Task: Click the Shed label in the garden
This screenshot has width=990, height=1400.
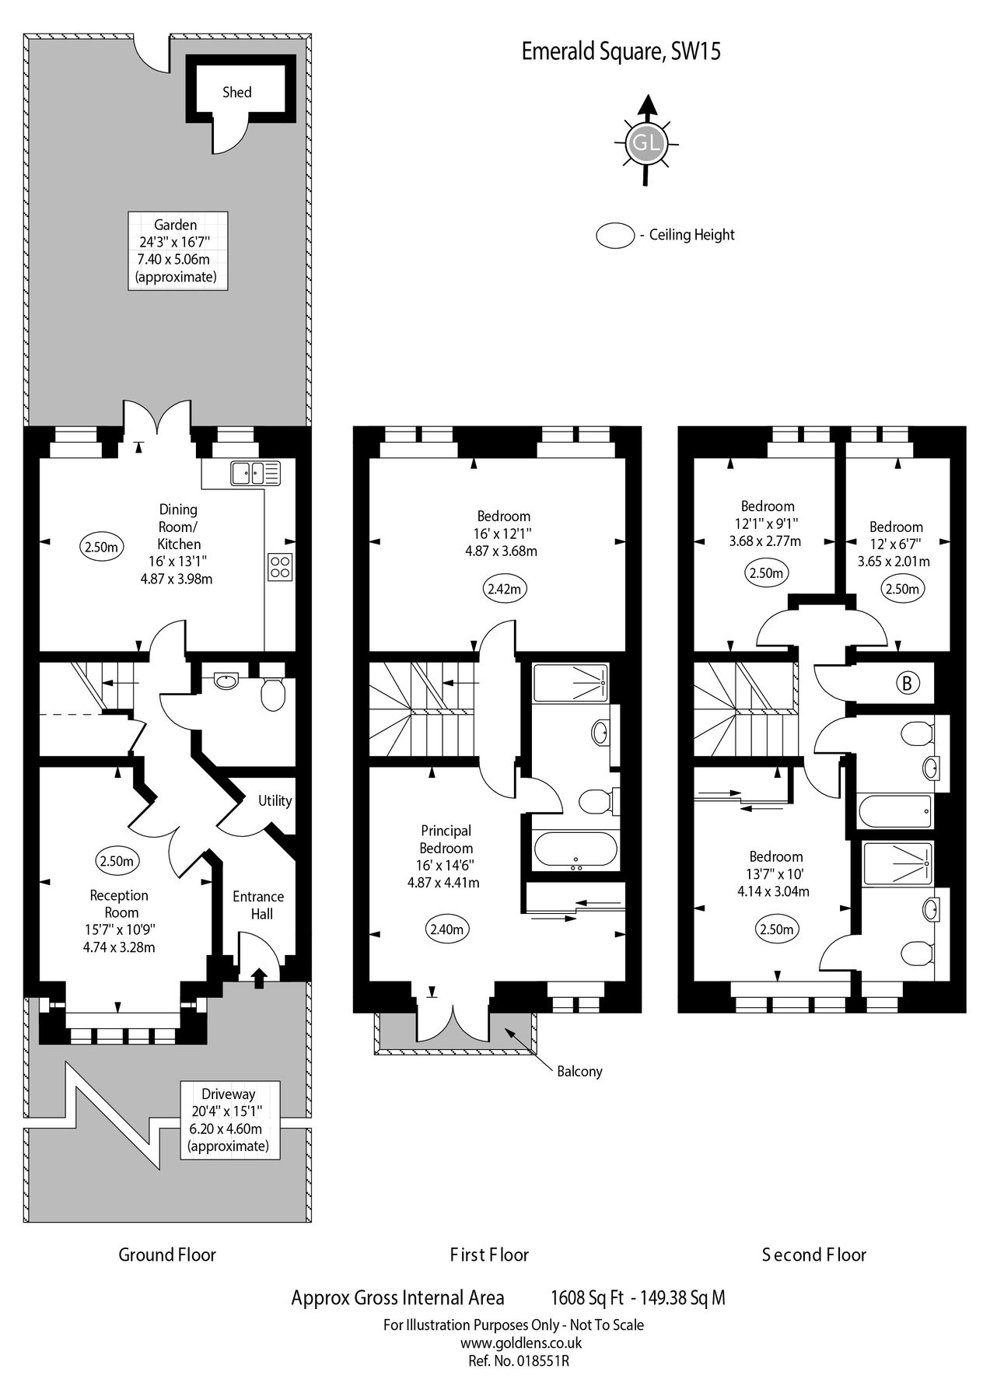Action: (237, 93)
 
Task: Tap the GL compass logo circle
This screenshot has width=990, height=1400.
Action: (646, 143)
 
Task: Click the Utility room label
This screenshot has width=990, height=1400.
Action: (275, 801)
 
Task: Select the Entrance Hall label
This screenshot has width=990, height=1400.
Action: (258, 905)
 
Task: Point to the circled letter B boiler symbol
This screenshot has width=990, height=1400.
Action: (907, 683)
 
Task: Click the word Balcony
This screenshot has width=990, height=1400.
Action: (579, 1071)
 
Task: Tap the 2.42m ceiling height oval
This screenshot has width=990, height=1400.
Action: (504, 589)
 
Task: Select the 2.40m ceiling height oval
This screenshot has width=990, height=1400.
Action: (446, 929)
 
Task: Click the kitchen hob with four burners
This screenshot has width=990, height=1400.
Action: (280, 565)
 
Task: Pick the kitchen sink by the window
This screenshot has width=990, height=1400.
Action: (254, 472)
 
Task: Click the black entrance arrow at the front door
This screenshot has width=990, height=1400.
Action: (258, 977)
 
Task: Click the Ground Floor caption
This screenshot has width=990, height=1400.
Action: (167, 1255)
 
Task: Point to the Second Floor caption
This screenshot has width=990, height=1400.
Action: (813, 1255)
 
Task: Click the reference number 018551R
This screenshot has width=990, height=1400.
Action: (542, 1361)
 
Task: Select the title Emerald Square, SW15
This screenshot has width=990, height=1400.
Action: (621, 51)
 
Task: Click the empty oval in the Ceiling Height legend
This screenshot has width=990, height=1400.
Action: (615, 236)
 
